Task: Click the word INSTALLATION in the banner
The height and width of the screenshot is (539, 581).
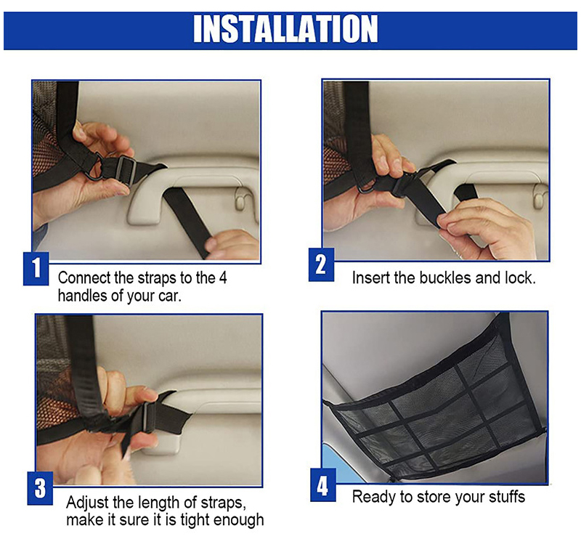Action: coord(285,29)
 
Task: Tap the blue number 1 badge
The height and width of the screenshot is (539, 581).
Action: coord(36,268)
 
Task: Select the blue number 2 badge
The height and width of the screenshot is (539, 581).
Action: coord(321,264)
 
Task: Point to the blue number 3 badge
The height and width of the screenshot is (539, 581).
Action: coord(40,488)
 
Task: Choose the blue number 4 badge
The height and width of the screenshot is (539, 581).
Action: coord(322,485)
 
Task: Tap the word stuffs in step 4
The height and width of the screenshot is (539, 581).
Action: coord(507,496)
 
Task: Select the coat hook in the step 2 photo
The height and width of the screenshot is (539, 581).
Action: coord(538,195)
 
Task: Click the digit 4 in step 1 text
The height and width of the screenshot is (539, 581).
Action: coord(223,278)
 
